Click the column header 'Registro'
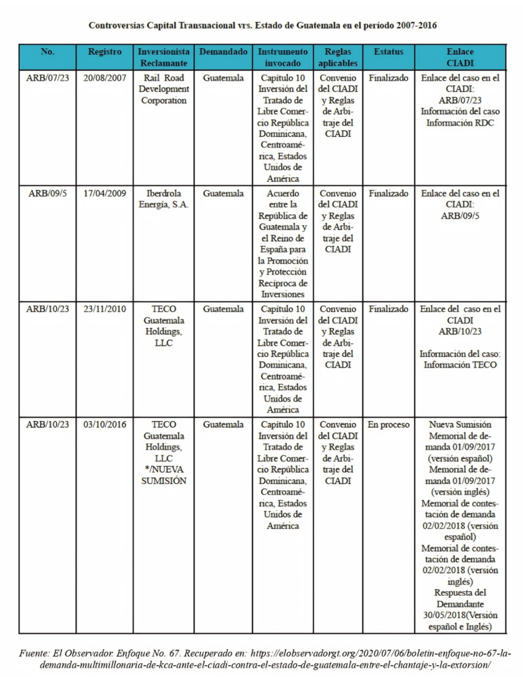(x=104, y=52)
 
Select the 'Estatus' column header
(x=388, y=52)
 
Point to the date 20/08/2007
(x=104, y=77)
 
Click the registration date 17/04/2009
(x=104, y=194)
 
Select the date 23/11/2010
(x=104, y=309)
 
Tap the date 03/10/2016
(x=104, y=424)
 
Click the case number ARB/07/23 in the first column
(x=48, y=77)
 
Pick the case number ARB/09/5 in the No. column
(x=48, y=194)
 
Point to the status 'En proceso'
(x=388, y=424)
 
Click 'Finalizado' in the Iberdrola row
(x=388, y=194)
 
